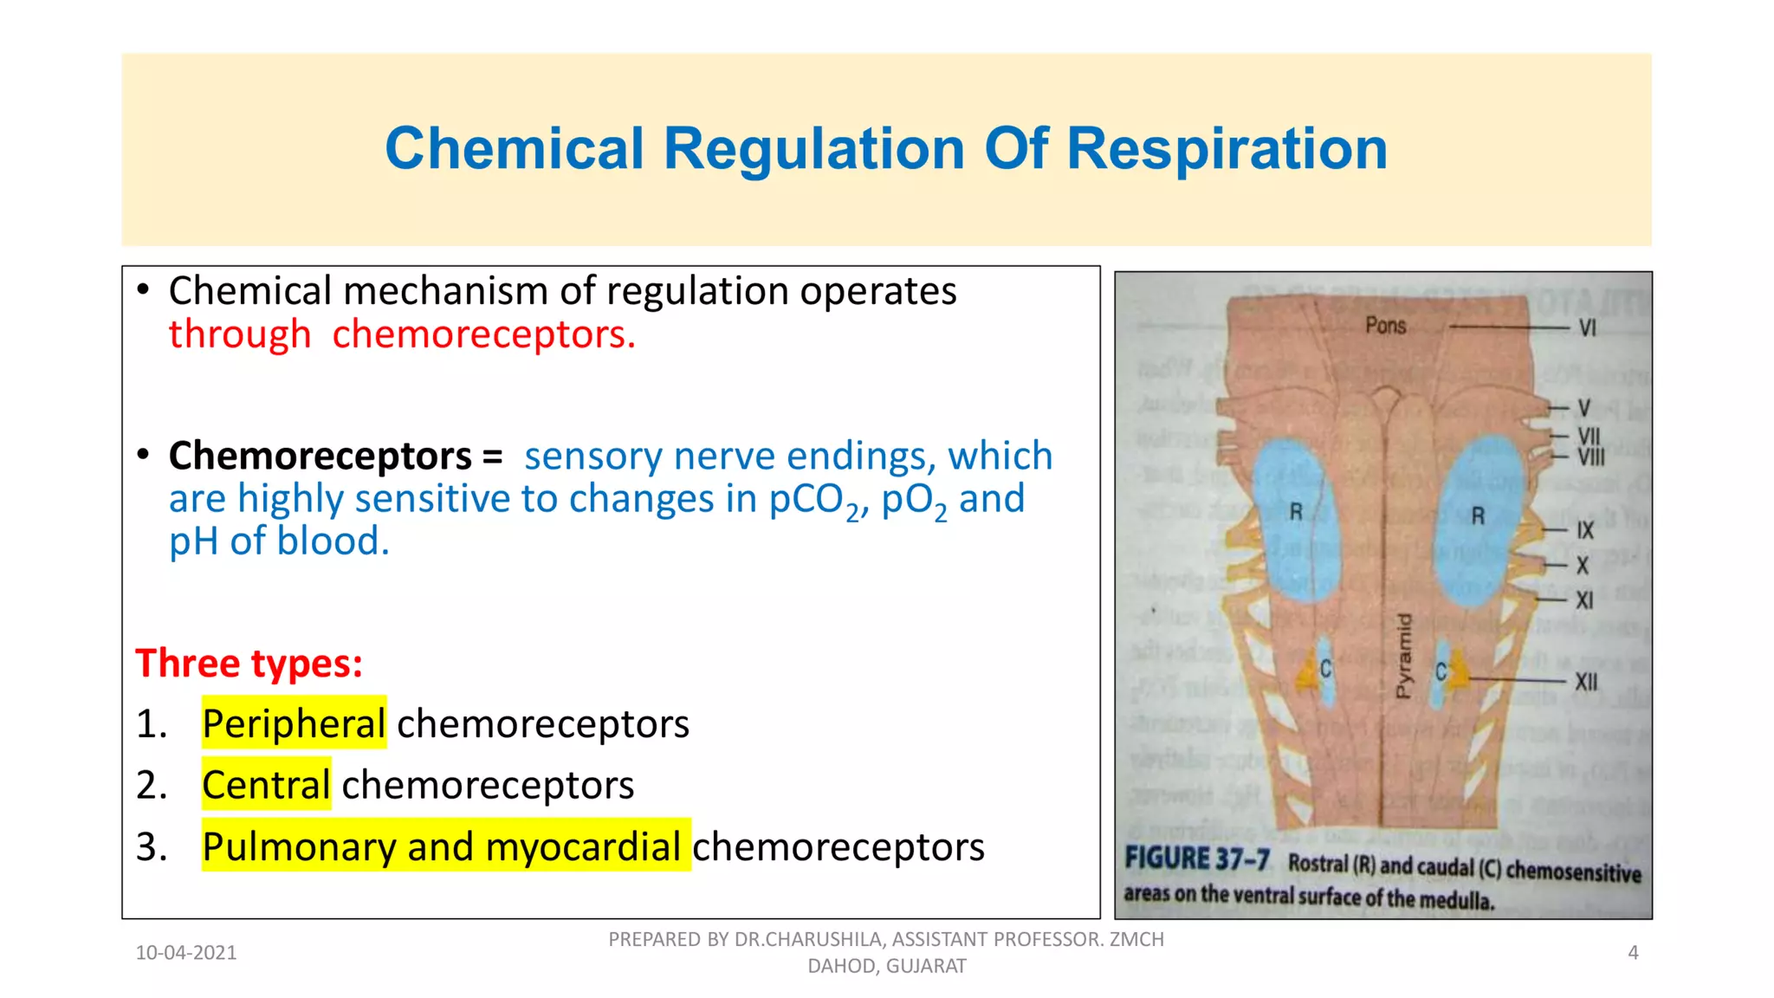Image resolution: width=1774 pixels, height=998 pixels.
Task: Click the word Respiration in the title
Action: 1227,149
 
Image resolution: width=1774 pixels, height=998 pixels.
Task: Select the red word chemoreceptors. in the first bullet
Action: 483,334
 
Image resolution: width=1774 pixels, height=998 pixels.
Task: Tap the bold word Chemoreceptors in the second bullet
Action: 320,456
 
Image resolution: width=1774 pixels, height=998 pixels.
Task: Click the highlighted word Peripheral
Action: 294,723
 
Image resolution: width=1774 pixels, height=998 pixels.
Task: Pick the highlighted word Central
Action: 266,785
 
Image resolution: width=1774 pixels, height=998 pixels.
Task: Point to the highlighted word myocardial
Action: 583,846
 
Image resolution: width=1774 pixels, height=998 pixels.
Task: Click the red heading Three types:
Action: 249,664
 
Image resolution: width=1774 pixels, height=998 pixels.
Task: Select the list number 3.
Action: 151,846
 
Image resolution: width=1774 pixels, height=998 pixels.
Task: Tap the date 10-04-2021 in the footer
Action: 186,953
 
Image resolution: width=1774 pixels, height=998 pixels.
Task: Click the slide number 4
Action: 1633,953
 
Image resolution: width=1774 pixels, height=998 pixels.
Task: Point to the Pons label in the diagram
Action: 1386,326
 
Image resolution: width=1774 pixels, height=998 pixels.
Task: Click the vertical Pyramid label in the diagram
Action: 1403,656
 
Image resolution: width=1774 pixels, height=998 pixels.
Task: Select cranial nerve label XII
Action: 1586,682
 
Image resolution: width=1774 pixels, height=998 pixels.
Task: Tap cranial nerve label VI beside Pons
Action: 1587,327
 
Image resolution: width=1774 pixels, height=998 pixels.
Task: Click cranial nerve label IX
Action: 1585,531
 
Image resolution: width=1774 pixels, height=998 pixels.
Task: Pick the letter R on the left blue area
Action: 1296,512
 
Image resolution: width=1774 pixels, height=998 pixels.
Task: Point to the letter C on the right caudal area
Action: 1441,671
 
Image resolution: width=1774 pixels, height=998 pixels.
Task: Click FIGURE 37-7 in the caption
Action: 1197,859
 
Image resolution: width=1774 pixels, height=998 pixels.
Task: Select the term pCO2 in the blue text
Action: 817,500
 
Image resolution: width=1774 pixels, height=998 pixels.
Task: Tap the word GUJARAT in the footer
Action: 925,966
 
